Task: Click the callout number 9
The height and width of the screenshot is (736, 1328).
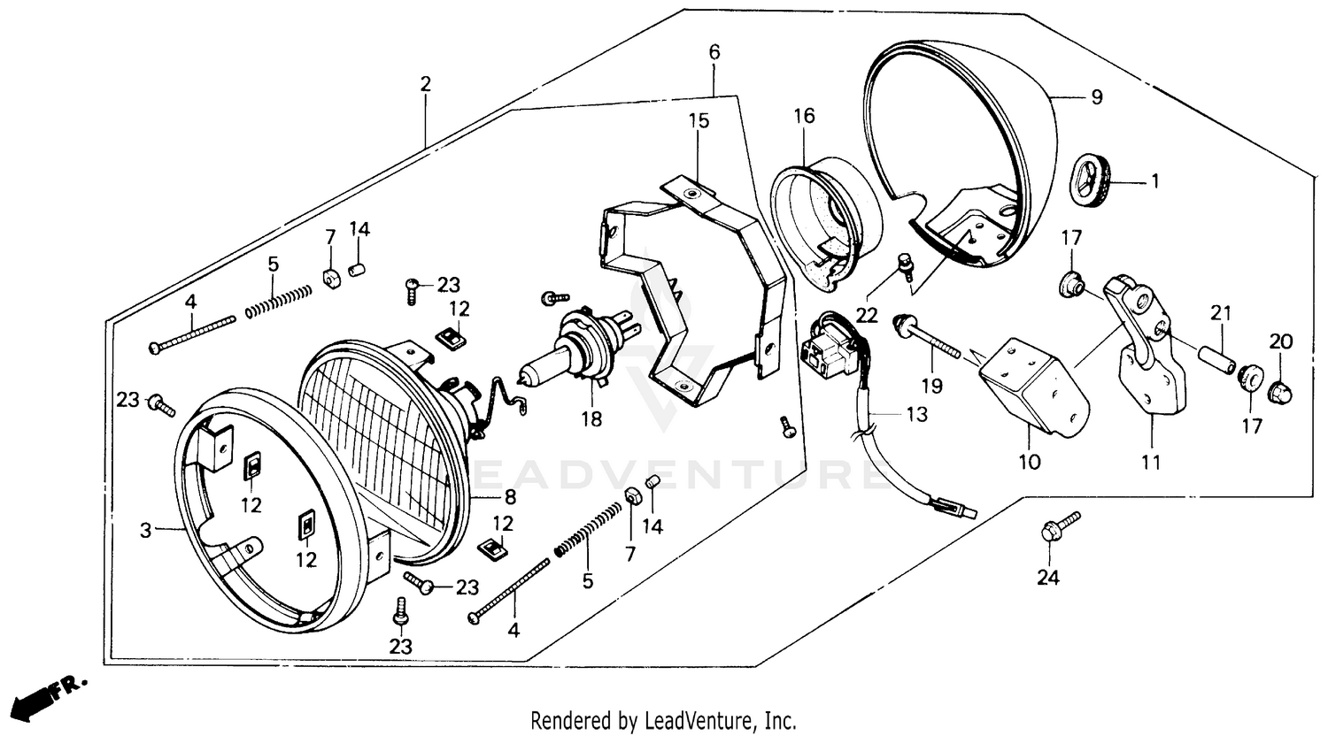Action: pos(1096,97)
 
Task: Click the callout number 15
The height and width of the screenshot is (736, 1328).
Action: pos(699,120)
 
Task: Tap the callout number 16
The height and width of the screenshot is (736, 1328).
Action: pos(803,116)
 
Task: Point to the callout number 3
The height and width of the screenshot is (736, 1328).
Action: pos(145,531)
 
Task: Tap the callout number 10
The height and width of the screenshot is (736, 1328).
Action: pos(1031,461)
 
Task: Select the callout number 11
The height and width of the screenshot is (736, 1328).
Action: pos(1151,461)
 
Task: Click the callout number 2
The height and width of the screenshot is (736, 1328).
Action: pos(426,84)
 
